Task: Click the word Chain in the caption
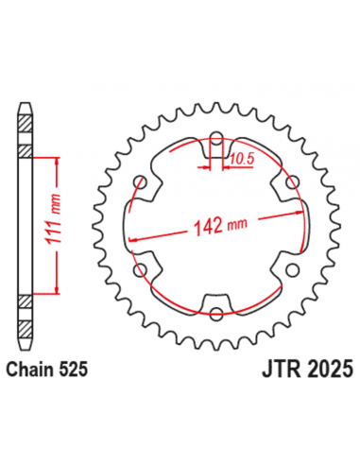coord(35,371)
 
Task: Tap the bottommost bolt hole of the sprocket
coord(217,313)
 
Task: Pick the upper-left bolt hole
coord(143,182)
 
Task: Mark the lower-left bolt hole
coord(143,270)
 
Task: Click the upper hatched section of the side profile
coord(26,151)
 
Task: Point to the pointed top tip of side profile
coord(26,101)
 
